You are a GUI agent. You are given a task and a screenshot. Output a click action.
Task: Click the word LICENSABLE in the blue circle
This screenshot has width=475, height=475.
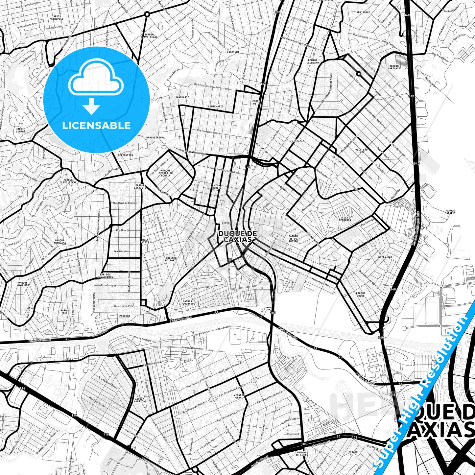coord(96,126)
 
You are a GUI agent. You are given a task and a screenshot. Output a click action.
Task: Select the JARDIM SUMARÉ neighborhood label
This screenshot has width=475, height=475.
coord(20,130)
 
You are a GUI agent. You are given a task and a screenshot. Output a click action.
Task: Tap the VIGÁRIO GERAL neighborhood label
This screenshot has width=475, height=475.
coord(239,396)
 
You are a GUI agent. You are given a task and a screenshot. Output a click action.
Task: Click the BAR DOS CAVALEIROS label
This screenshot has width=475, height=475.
coord(105,276)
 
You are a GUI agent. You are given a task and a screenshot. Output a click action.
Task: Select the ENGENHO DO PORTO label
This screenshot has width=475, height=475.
coord(171,259)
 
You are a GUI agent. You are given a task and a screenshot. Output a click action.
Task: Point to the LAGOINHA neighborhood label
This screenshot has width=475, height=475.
coord(233,52)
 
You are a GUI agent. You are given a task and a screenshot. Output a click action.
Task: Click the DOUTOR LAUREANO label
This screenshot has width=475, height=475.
coord(313,61)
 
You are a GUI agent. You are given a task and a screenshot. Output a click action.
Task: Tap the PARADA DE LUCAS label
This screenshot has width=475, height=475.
coord(302,454)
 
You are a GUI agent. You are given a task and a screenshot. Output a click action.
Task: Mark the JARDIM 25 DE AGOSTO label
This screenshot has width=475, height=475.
coord(293,239)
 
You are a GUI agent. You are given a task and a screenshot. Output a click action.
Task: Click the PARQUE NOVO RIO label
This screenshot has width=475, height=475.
coord(23,284)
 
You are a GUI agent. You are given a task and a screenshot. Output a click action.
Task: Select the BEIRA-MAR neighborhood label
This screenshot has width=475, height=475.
coord(385,257)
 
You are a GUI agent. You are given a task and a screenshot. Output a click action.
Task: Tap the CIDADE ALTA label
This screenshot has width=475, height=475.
coord(353,453)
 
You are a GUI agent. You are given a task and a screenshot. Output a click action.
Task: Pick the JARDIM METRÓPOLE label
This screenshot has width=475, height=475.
coord(56,17)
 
